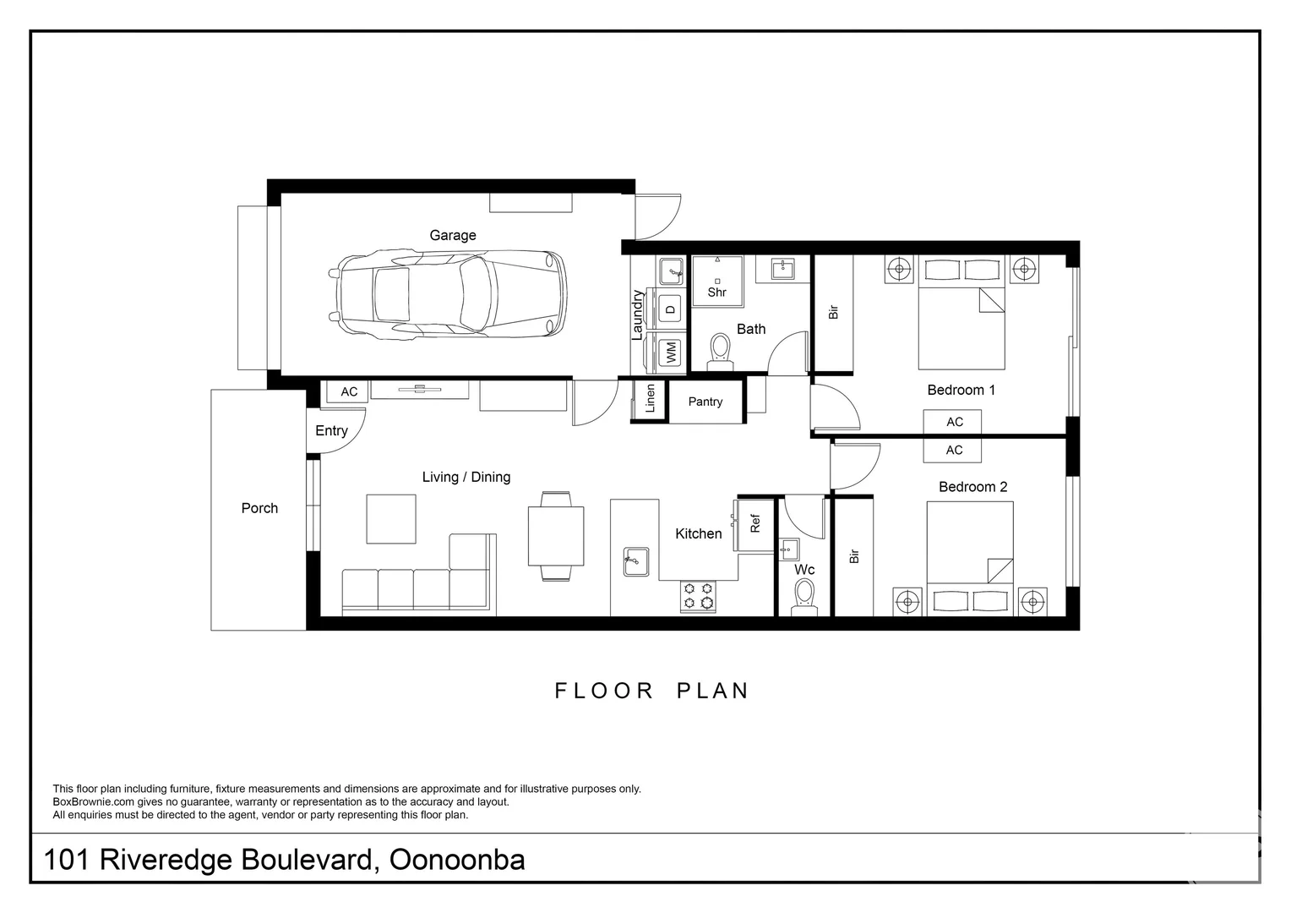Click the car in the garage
[448, 293]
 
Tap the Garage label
[453, 235]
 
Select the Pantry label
[705, 402]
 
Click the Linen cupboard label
[650, 398]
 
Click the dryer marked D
[670, 309]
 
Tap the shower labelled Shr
[717, 282]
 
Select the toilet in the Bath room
[720, 352]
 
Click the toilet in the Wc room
[804, 597]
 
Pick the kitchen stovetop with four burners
[698, 596]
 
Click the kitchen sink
[636, 562]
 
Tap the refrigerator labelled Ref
[755, 523]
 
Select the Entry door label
[331, 431]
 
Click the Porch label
[259, 508]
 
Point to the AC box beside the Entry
[349, 391]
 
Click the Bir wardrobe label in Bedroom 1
[833, 313]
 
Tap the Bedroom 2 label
[972, 487]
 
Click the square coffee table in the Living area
[391, 518]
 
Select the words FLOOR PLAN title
[651, 691]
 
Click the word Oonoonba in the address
[457, 860]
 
